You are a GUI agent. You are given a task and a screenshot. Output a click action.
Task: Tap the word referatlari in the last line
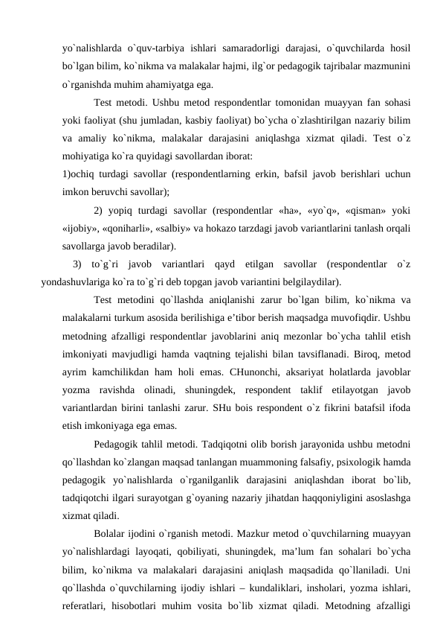[85, 603]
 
